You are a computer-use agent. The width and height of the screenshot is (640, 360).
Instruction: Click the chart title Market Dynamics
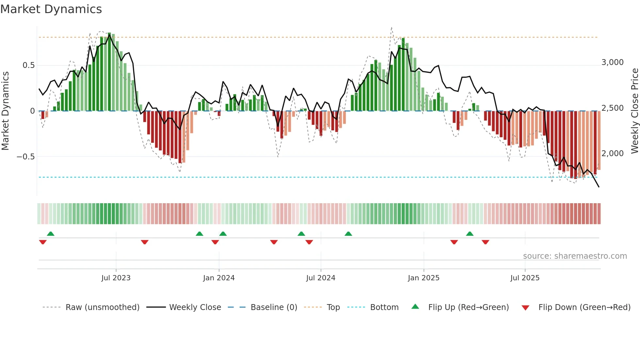pos(51,9)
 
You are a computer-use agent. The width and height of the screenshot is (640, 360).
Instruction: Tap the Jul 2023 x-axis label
pos(116,278)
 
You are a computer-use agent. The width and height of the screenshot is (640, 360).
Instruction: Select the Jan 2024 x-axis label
pos(219,278)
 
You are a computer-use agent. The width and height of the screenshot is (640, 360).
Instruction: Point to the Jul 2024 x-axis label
pos(321,278)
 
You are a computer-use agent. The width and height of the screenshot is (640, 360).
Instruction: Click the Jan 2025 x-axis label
pos(424,278)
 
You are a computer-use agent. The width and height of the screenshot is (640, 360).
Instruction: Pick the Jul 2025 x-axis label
pos(525,278)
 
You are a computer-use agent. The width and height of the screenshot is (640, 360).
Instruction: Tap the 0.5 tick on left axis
pos(28,65)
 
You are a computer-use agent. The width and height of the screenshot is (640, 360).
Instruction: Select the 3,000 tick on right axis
pos(612,62)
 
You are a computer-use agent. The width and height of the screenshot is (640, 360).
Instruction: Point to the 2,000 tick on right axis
pos(612,154)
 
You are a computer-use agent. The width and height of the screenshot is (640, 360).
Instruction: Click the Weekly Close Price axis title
pos(634,111)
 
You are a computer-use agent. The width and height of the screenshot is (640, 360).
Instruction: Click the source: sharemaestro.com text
pos(575,256)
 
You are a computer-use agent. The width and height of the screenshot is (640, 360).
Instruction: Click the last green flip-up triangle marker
pos(470,234)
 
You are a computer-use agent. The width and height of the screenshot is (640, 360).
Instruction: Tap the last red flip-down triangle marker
pos(485,242)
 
